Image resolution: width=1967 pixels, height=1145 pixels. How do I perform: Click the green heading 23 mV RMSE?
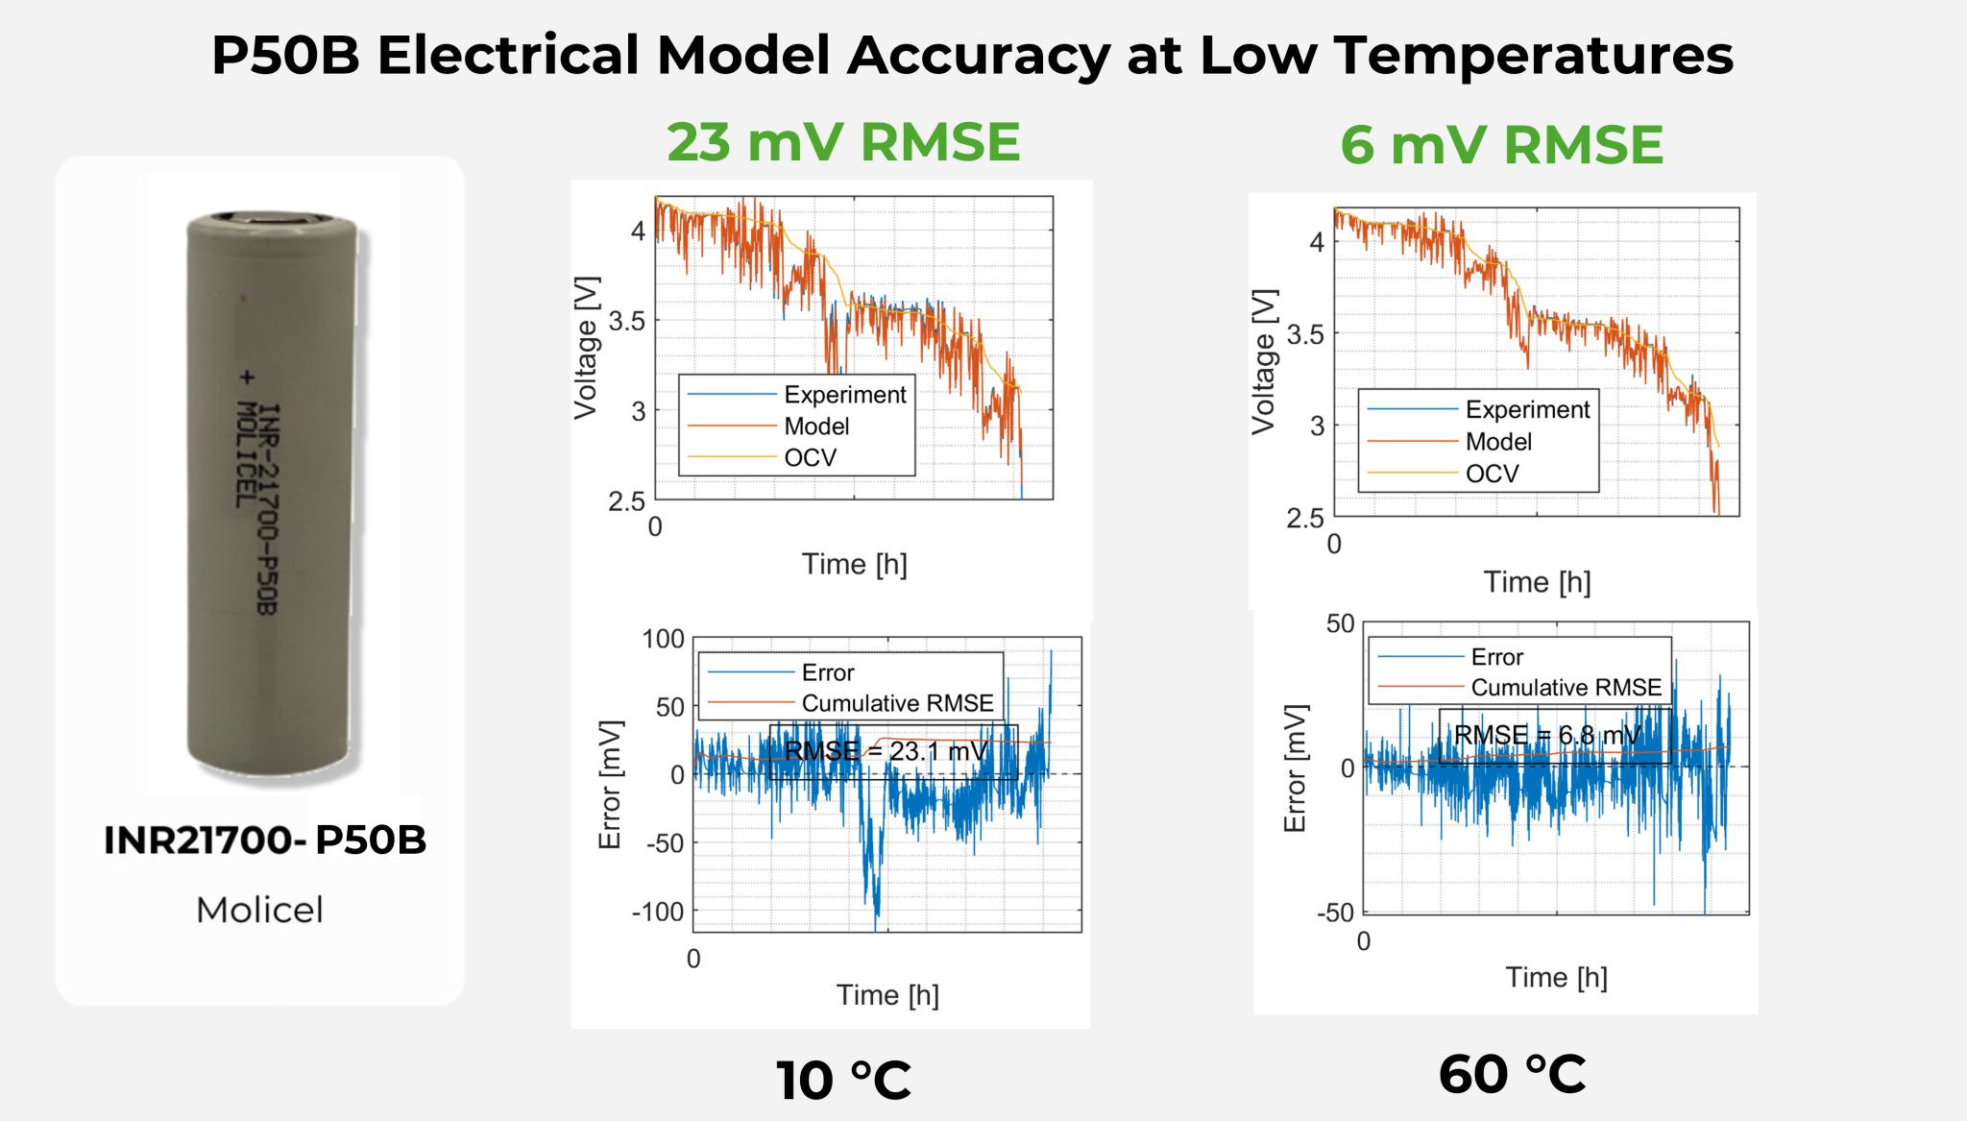coord(843,143)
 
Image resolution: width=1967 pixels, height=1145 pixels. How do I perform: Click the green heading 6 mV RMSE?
coord(1501,145)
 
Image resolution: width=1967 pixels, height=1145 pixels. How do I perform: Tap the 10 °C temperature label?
coord(843,1081)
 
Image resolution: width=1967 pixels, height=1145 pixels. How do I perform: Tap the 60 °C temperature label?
coord(1512,1074)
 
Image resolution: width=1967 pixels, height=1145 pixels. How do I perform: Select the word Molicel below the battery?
coord(259,910)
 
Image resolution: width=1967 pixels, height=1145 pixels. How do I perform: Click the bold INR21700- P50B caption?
coord(264,840)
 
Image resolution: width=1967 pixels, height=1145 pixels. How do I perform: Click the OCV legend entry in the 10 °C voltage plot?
coord(810,458)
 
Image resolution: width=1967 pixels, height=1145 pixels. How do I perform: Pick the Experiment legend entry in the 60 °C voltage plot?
coord(1526,410)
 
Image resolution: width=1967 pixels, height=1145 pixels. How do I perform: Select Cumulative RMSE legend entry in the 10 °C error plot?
coord(896,703)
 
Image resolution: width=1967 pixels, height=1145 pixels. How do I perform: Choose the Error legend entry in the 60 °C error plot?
coord(1496,657)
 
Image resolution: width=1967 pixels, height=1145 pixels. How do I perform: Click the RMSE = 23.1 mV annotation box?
coord(891,751)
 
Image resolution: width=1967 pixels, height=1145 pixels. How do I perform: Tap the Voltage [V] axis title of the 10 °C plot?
coord(586,348)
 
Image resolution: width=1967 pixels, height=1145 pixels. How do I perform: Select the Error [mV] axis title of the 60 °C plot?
coord(1295,768)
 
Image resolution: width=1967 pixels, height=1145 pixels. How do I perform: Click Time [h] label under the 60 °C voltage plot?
coord(1536,582)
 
